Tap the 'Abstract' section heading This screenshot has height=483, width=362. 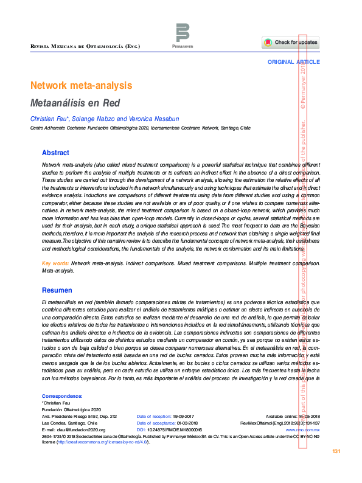pyautogui.click(x=55, y=153)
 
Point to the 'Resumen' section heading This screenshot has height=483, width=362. pyautogui.click(x=57, y=291)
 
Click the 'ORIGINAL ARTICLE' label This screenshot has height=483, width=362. pyautogui.click(x=293, y=63)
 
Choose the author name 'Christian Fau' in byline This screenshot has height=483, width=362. pyautogui.click(x=49, y=118)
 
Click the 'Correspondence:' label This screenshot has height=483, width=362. pyautogui.click(x=61, y=395)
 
